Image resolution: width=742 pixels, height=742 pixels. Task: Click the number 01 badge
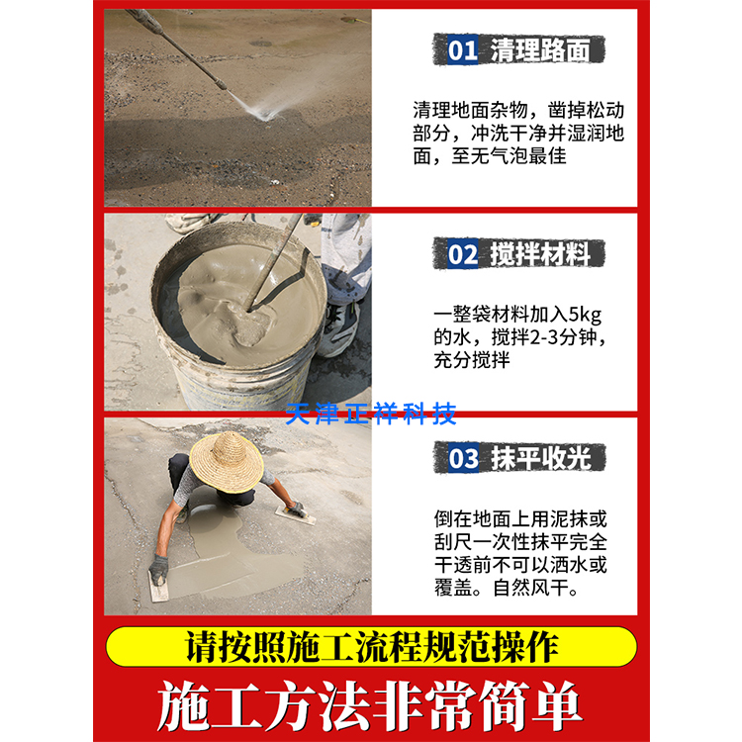coord(462,49)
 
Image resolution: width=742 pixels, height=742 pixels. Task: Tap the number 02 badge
coord(462,255)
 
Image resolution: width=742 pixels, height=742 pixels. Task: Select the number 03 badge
coord(463,459)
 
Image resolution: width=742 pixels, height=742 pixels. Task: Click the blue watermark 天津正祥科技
coord(371,413)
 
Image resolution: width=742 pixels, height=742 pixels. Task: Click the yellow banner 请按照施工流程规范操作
coord(371,647)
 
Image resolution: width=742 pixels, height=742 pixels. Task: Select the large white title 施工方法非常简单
coord(371,704)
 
